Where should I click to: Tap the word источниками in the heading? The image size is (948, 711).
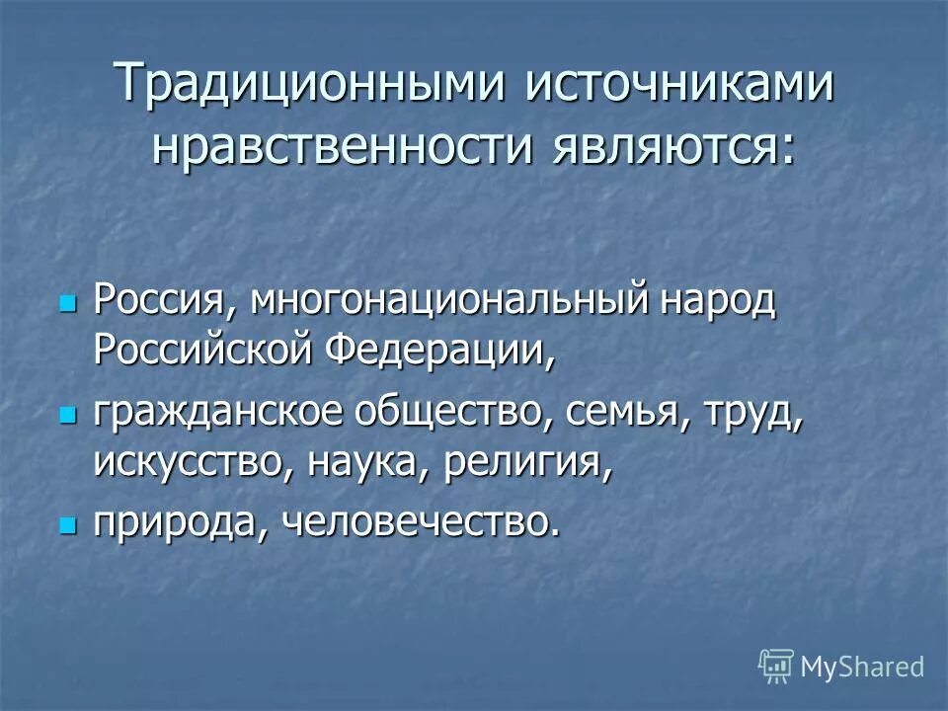[679, 84]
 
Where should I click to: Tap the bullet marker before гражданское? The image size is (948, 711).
[68, 416]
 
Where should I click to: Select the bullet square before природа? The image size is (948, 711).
[68, 524]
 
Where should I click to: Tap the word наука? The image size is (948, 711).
[365, 461]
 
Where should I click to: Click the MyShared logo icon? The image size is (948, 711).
[776, 666]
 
